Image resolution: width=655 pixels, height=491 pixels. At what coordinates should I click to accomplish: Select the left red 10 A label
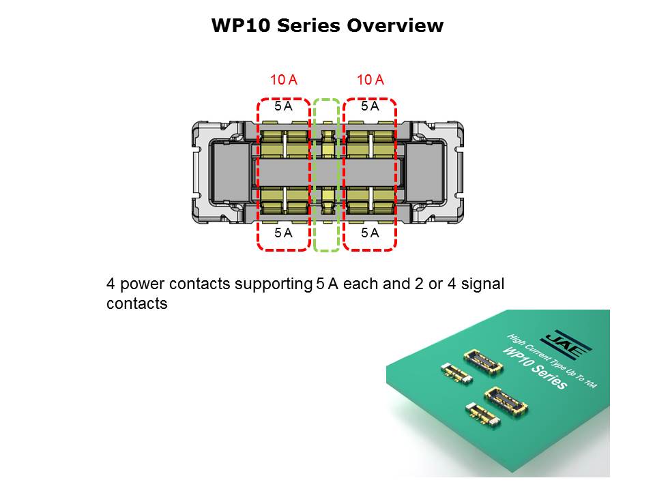pyautogui.click(x=283, y=80)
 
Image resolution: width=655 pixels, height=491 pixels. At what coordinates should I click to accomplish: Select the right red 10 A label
pyautogui.click(x=370, y=80)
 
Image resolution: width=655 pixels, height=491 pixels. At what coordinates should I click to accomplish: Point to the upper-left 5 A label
pyautogui.click(x=283, y=106)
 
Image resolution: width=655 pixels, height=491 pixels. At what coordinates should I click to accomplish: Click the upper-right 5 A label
pyautogui.click(x=370, y=106)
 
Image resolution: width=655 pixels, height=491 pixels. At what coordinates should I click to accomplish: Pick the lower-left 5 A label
pyautogui.click(x=283, y=233)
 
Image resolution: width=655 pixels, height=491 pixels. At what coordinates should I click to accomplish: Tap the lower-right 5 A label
pyautogui.click(x=370, y=233)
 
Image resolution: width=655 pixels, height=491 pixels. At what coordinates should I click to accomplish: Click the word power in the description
pyautogui.click(x=139, y=284)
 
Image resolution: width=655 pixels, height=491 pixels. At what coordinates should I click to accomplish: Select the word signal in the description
pyautogui.click(x=483, y=284)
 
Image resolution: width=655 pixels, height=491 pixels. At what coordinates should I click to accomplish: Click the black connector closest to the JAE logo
pyautogui.click(x=483, y=363)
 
